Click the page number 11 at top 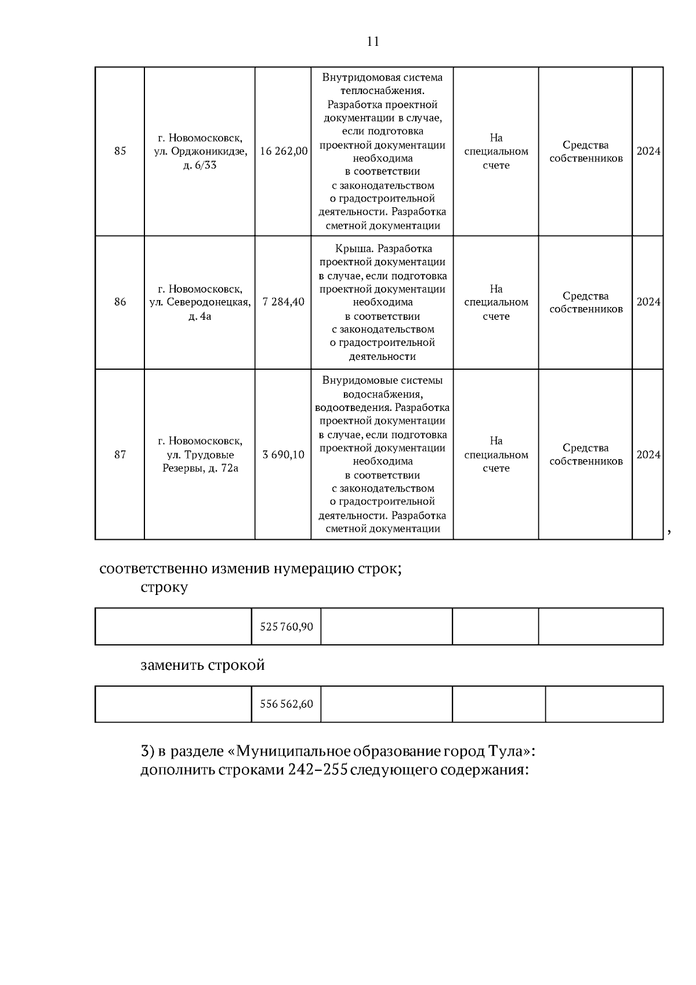[373, 42]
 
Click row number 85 [120, 151]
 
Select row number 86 [120, 302]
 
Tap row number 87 [120, 454]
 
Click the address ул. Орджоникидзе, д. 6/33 [200, 151]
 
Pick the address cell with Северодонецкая [200, 302]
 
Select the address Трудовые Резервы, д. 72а [200, 454]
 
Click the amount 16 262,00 [284, 151]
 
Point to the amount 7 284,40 [284, 302]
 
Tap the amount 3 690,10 [284, 454]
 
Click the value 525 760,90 [287, 627]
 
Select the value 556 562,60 [287, 704]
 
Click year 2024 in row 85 [648, 151]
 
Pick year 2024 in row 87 [648, 454]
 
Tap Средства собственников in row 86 [586, 302]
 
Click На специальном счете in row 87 [496, 454]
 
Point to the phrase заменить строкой [202, 665]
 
